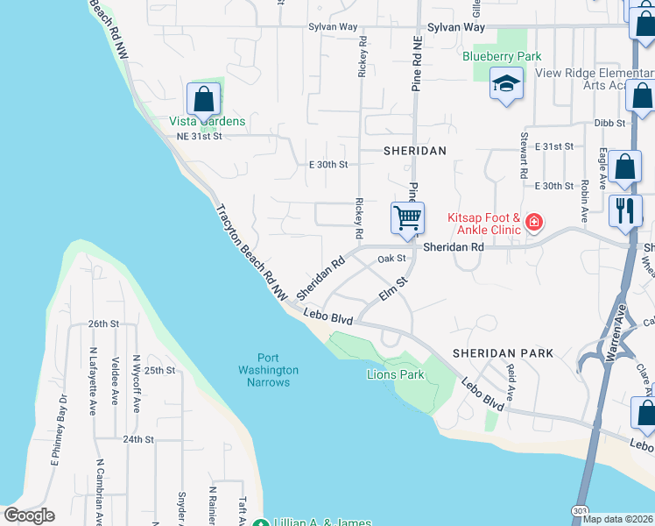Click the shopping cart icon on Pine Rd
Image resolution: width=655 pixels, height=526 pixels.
(x=407, y=217)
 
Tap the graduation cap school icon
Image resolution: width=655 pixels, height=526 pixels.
(x=505, y=85)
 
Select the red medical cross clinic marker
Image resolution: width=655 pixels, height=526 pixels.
(x=533, y=224)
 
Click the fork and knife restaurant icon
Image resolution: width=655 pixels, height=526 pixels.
(x=624, y=210)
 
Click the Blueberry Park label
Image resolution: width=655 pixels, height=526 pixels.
(x=502, y=56)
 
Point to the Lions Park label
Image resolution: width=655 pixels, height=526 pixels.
(x=395, y=374)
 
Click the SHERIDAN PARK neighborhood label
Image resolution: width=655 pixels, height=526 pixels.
(x=503, y=353)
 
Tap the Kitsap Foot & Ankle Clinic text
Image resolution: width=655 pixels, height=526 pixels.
(x=484, y=224)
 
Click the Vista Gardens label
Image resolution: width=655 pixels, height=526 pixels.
(x=207, y=121)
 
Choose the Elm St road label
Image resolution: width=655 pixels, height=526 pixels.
(x=395, y=289)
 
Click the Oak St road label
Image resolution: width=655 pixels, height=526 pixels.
(x=392, y=259)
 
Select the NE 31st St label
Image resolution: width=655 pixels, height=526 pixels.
(x=200, y=136)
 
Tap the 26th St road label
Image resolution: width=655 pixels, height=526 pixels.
(x=103, y=323)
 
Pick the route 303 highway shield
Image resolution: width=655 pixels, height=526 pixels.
(x=554, y=510)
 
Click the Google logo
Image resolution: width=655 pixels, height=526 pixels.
(x=29, y=515)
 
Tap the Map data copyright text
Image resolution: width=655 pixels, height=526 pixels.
(x=618, y=519)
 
